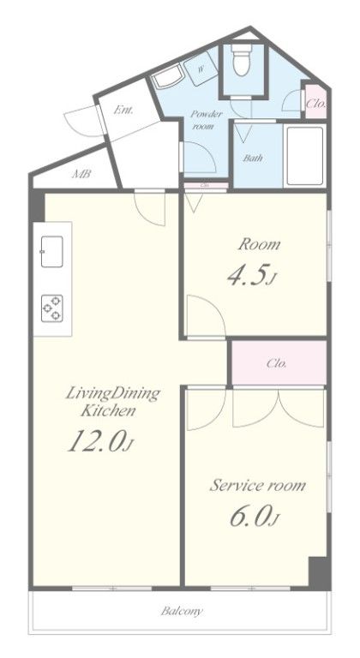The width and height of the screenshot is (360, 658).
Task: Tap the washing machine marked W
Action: coord(201,69)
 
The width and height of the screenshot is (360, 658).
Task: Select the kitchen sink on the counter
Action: coord(52,251)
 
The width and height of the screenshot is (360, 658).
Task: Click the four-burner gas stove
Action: coord(52,308)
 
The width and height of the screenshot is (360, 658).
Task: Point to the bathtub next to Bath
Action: coord(305,156)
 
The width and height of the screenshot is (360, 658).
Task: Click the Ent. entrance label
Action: coord(123,111)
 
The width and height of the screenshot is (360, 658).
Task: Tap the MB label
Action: coord(81,174)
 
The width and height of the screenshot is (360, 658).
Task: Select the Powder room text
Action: coord(206,120)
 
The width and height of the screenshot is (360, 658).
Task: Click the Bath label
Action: coord(254,159)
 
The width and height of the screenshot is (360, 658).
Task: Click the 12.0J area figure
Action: coord(101,442)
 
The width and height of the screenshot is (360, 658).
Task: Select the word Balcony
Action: coord(182,611)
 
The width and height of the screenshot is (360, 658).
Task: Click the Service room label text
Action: coord(257,486)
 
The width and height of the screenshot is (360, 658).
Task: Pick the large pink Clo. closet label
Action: coord(277,363)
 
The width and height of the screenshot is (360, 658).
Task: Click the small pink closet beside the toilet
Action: coord(315,102)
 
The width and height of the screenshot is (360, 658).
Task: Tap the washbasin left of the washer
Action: coord(167,78)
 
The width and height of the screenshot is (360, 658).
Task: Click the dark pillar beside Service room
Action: coord(319,572)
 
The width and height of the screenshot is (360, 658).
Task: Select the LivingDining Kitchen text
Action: coord(113,402)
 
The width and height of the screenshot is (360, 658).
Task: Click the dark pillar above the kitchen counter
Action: coord(37,206)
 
